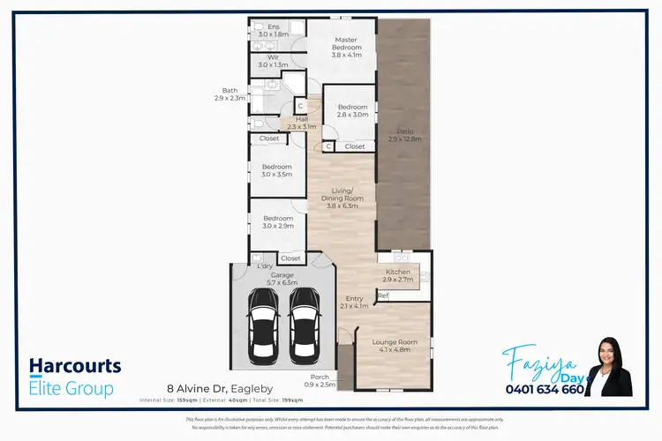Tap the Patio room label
pyautogui.click(x=402, y=135)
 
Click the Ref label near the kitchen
pyautogui.click(x=383, y=295)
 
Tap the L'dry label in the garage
pyautogui.click(x=263, y=265)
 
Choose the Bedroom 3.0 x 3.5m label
pyautogui.click(x=277, y=170)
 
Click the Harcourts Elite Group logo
pyautogui.click(x=75, y=377)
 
